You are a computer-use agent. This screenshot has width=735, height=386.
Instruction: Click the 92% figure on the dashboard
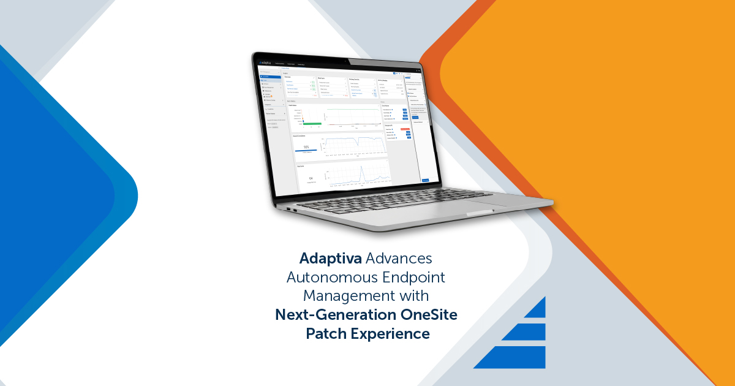tap(306, 147)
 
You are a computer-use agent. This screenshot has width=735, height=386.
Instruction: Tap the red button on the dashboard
tap(405, 129)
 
